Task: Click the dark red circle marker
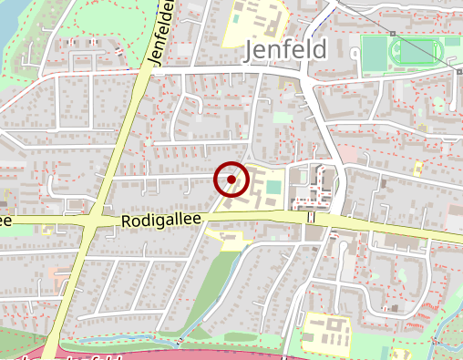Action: [231, 180]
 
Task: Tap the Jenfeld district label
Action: [286, 51]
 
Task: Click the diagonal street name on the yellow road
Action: [160, 36]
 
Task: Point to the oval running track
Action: [416, 51]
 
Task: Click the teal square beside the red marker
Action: [273, 187]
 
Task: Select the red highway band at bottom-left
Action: [91, 354]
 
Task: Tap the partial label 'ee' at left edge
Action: [5, 221]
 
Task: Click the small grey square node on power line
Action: [394, 35]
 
